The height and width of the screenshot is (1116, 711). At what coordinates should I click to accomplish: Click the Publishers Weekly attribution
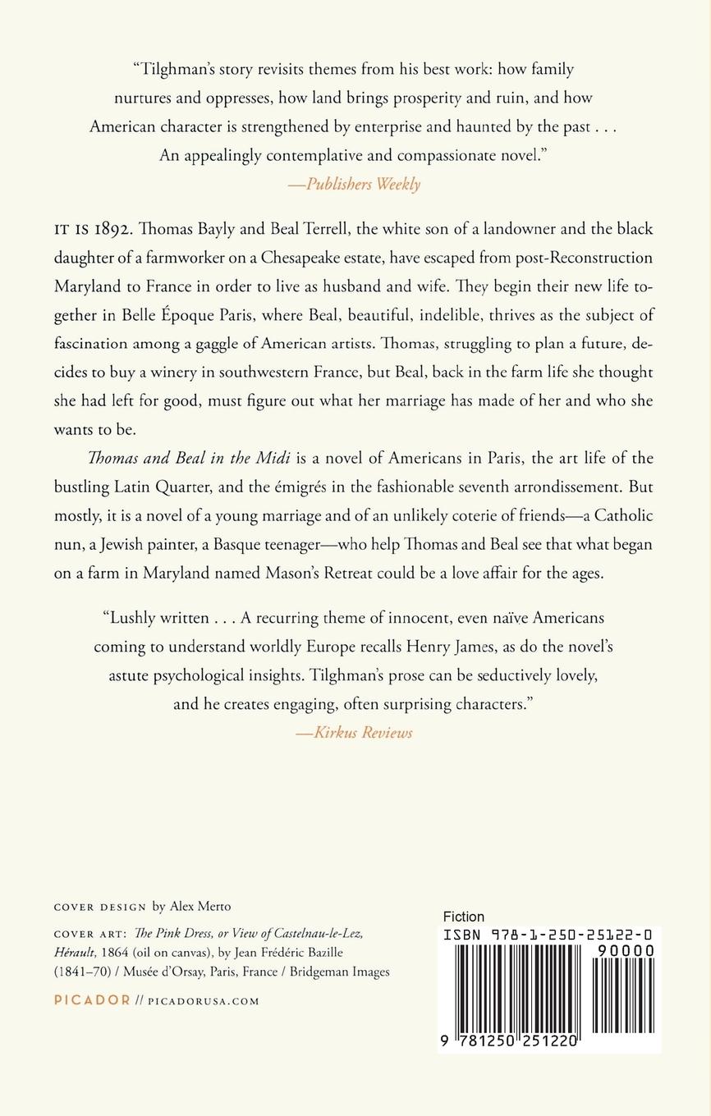tap(355, 184)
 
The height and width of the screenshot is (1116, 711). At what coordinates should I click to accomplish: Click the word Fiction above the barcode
tap(463, 917)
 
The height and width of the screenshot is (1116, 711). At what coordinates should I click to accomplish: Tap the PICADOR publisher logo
tap(91, 1000)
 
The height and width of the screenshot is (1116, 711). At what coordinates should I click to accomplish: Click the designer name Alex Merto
tap(200, 907)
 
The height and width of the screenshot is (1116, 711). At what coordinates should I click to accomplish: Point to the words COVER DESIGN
tap(99, 907)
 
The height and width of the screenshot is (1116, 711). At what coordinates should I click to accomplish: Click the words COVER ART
tap(88, 934)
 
